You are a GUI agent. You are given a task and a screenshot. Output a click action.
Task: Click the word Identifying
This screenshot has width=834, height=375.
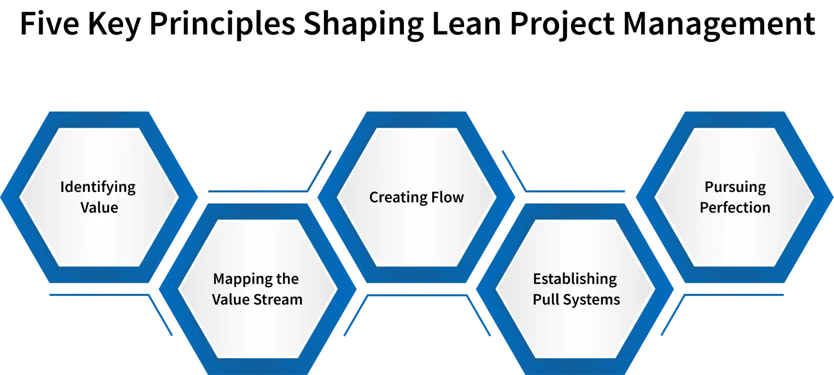pos(98,187)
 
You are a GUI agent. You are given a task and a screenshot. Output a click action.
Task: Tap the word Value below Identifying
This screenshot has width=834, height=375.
pos(99,208)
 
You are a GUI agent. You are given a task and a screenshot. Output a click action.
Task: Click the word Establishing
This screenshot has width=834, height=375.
pos(575,279)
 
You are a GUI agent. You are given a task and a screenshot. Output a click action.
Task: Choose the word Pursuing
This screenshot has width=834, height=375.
pos(735,187)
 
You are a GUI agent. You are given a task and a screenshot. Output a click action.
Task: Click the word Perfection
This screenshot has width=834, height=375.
pos(735,208)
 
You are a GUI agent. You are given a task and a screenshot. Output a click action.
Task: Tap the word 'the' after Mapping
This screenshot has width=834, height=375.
pos(287,279)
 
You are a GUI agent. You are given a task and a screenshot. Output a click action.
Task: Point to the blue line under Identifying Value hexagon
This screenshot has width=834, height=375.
pos(98,295)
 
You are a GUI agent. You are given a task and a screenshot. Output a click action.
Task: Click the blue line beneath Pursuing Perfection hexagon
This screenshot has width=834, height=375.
pos(734,295)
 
